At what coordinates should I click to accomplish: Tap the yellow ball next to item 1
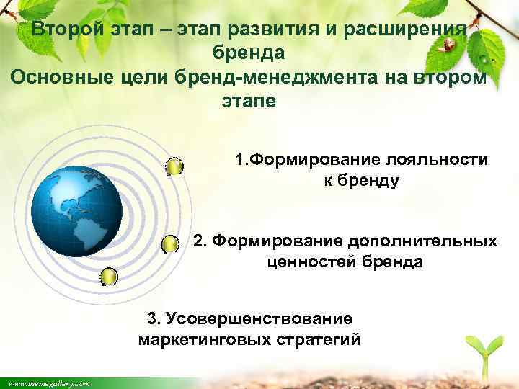coord(174,167)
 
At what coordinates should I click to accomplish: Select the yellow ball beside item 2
coord(169,245)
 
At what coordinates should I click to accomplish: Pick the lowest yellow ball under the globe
coord(109,277)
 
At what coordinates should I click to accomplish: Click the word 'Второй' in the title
coord(68,30)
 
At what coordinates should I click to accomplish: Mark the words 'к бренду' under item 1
coord(360,181)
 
